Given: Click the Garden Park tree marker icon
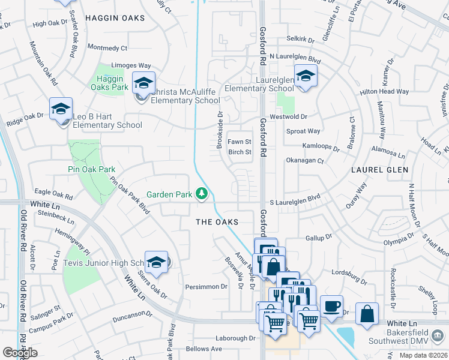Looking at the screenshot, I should (202, 193).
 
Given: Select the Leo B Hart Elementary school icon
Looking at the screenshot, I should (61, 109).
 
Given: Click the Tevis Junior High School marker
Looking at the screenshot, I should (156, 262).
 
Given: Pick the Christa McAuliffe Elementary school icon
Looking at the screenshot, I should (143, 83).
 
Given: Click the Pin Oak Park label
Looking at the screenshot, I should (91, 170).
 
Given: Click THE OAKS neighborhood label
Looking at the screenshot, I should (217, 222).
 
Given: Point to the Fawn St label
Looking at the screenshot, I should (239, 142).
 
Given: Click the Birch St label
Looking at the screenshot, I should (240, 152).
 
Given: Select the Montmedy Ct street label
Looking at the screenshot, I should (107, 47).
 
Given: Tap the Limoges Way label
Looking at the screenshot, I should (131, 65).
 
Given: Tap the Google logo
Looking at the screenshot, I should (20, 352).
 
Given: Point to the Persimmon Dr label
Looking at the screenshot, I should (206, 286).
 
